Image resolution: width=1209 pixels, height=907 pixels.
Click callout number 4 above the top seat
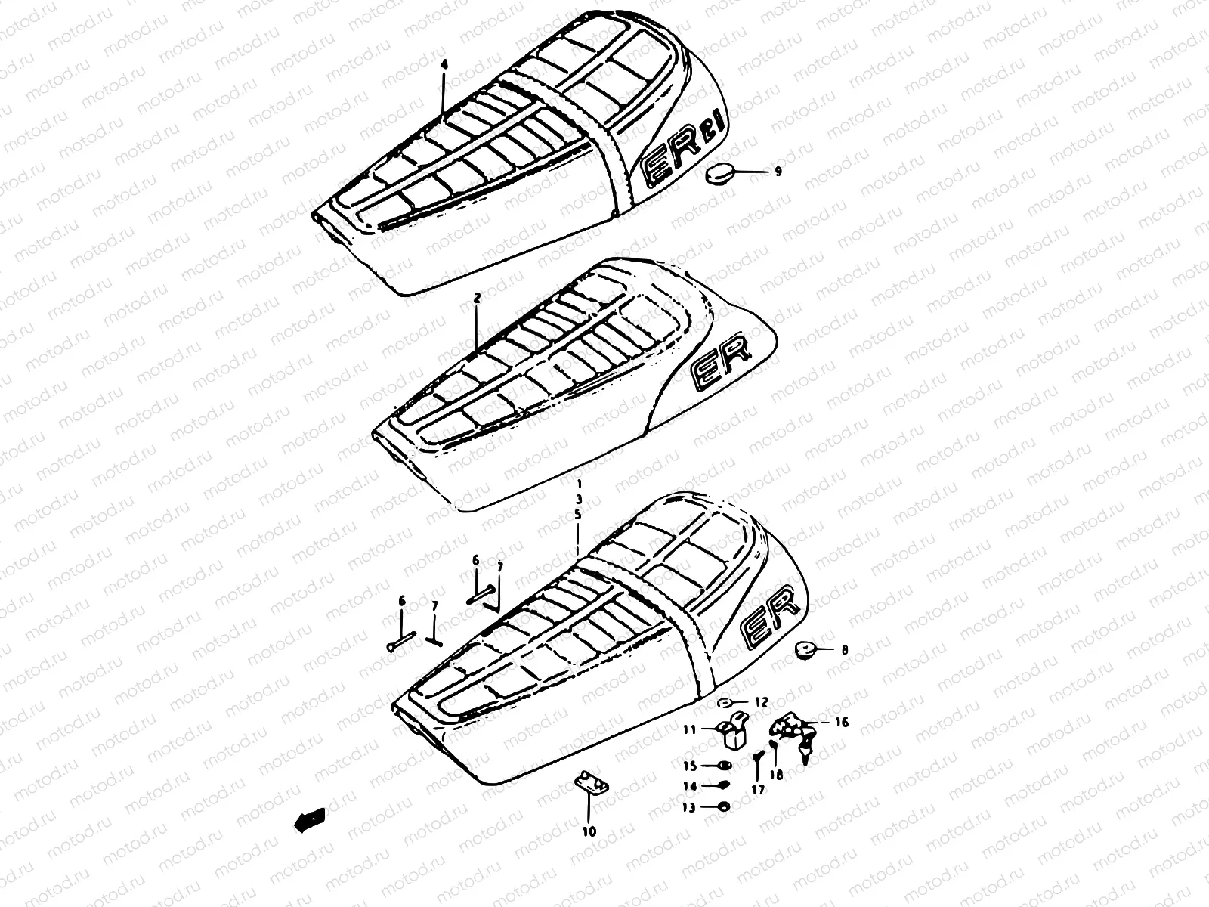(x=444, y=66)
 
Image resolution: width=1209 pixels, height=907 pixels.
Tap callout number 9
(x=778, y=172)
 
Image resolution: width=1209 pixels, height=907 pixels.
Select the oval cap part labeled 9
(x=719, y=175)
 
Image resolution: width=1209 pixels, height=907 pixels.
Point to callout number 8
(x=845, y=649)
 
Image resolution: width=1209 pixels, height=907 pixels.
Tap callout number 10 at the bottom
(x=589, y=831)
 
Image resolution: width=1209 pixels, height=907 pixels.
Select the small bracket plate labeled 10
(x=592, y=785)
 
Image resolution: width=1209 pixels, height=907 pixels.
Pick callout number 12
(x=761, y=703)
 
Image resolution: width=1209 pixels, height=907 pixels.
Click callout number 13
(x=688, y=807)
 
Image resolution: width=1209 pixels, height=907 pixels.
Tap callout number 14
(x=688, y=786)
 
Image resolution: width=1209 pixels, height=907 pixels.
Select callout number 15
(x=688, y=765)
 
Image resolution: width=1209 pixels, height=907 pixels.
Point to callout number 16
(x=841, y=723)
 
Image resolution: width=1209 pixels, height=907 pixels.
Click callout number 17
(x=758, y=789)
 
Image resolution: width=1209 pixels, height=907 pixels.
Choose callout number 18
(x=777, y=775)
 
